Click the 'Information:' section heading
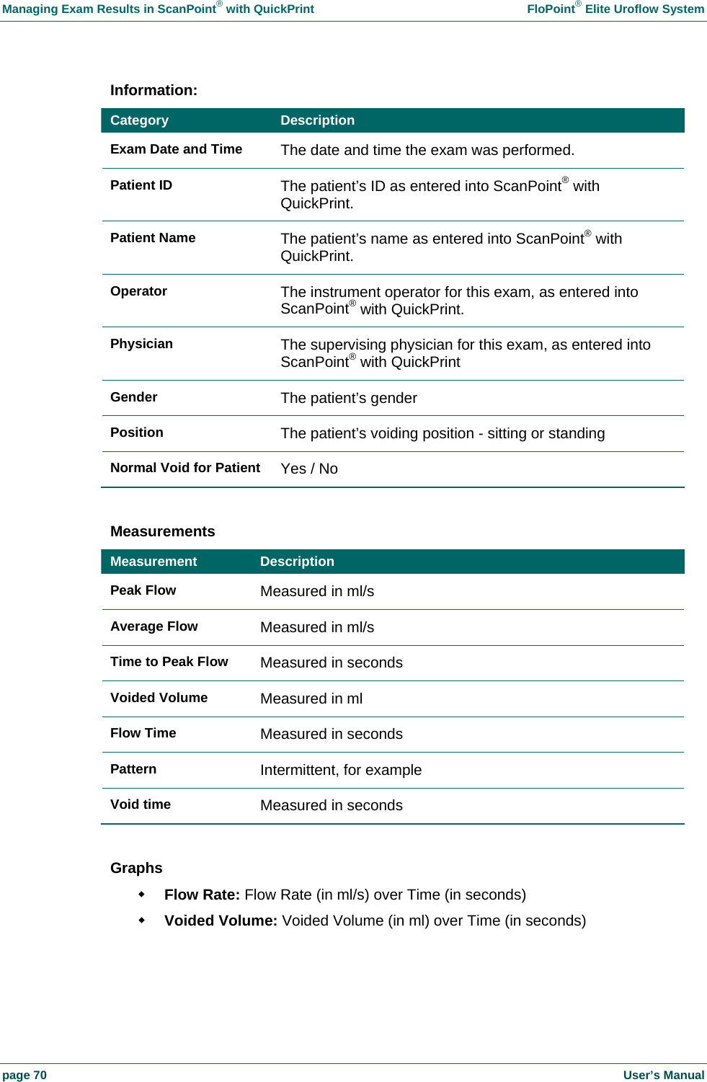point(154,90)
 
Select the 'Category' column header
point(139,120)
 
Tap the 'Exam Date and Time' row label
point(176,149)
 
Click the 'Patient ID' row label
point(141,185)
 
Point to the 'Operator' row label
point(138,291)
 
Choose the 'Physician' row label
point(141,344)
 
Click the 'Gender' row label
point(133,397)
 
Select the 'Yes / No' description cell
point(309,469)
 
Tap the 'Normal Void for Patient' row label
point(185,468)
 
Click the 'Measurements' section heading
point(162,531)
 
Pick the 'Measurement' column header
point(154,562)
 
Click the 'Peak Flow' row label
point(143,590)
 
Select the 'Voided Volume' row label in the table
point(159,698)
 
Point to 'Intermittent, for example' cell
point(341,770)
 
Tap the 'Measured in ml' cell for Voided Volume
point(311,699)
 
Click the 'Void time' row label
point(141,804)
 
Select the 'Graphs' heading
point(136,868)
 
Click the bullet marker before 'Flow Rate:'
point(142,894)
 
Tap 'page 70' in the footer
point(25,1075)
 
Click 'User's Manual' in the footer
point(663,1075)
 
